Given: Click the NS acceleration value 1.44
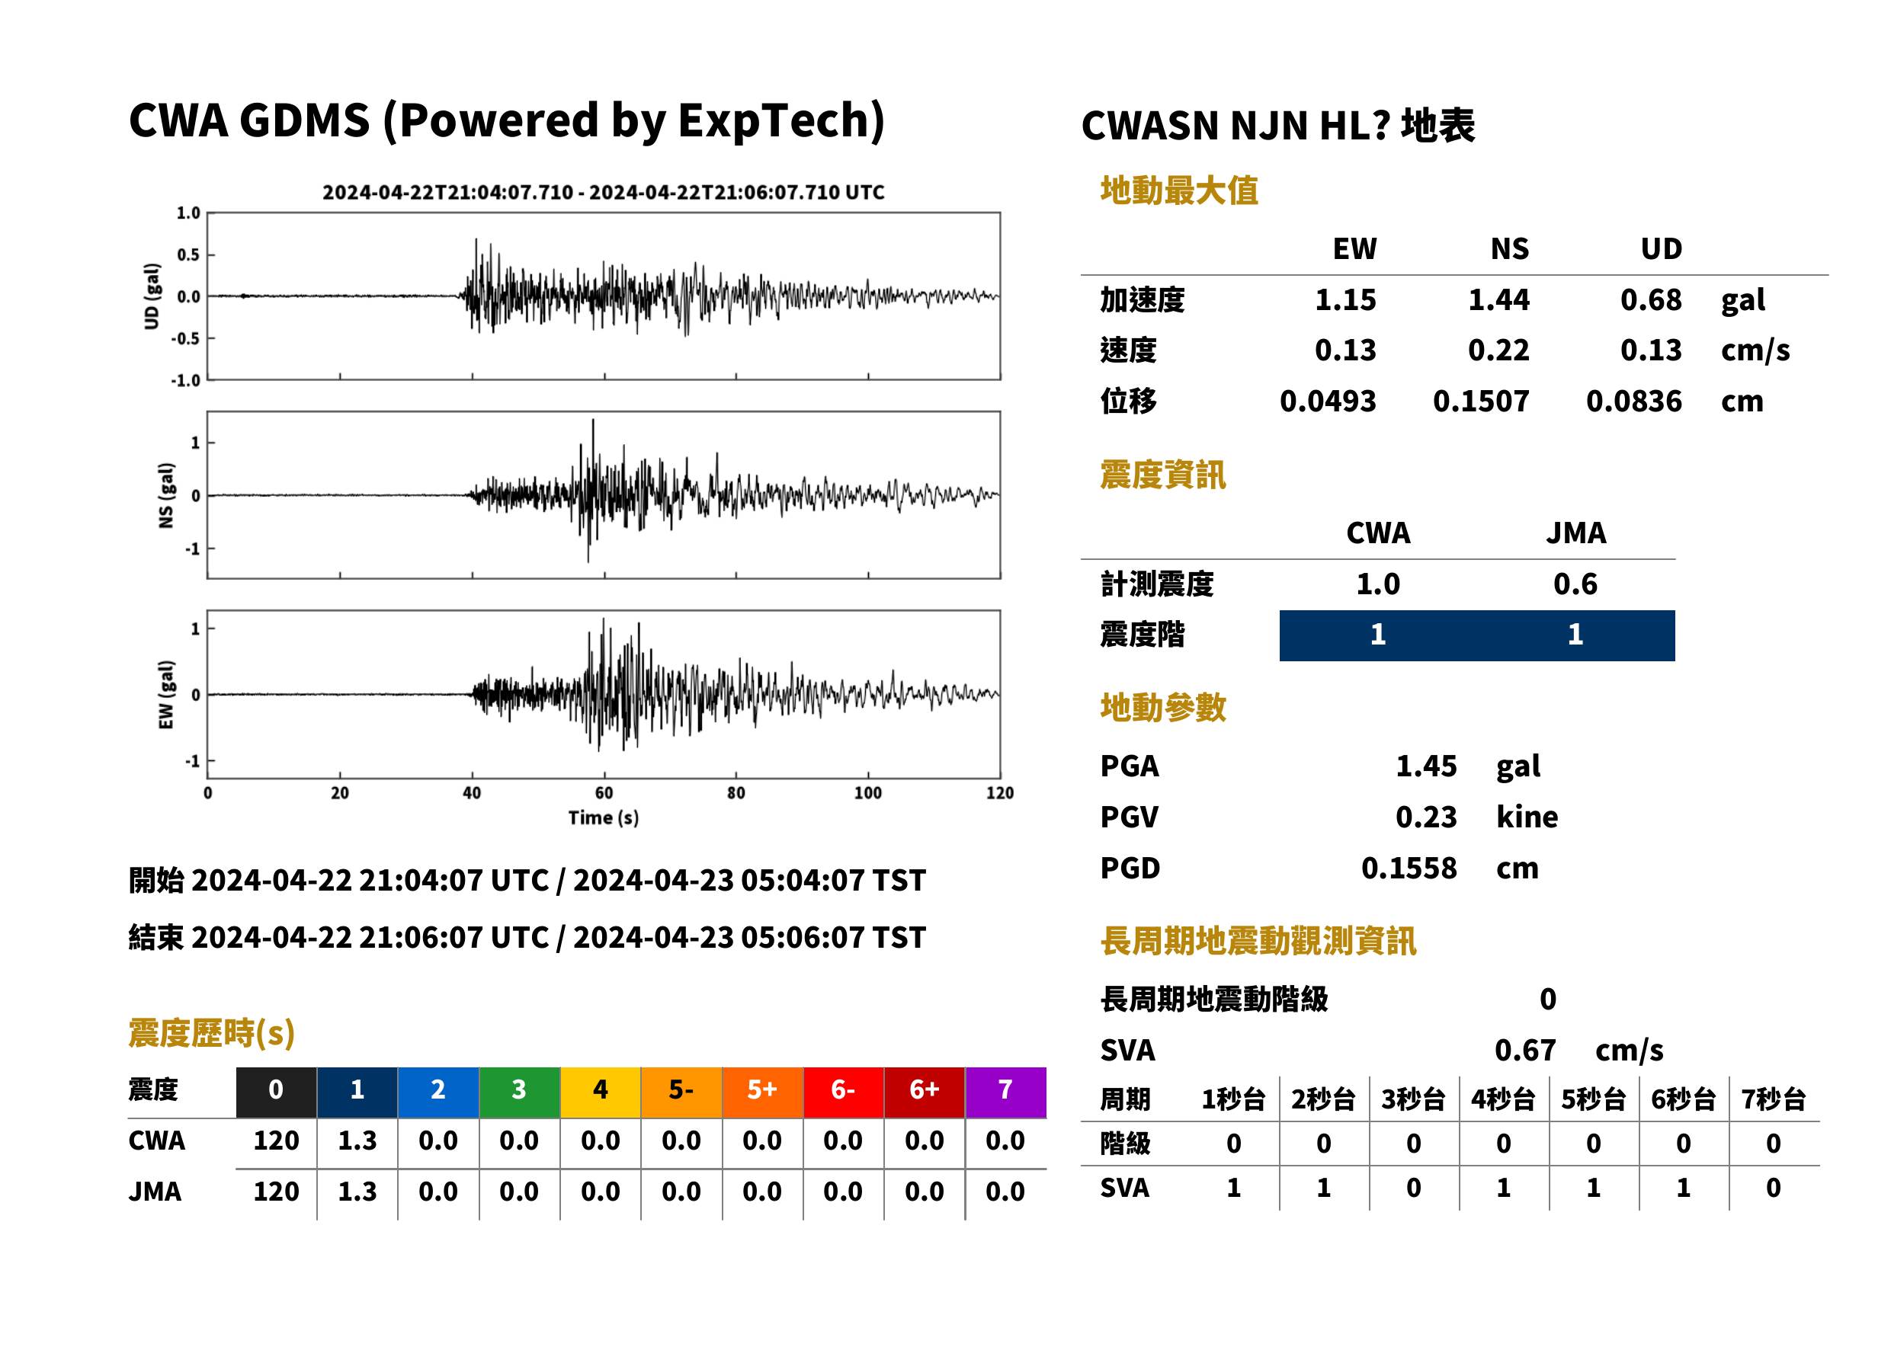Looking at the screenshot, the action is coord(1498,299).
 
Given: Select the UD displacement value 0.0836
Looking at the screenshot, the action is coord(1633,401).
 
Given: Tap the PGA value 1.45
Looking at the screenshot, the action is coord(1425,766).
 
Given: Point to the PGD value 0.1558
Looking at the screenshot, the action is coord(1409,868).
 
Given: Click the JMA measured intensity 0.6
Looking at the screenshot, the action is coord(1575,584).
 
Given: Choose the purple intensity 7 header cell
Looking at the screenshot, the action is coord(1005,1092).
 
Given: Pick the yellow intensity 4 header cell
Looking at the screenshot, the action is coord(600,1092).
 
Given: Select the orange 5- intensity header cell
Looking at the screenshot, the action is coord(681,1092).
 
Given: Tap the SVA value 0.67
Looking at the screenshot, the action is coord(1524,1050).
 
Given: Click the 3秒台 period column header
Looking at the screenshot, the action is coord(1413,1099).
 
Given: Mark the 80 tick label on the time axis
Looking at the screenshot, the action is coord(736,793).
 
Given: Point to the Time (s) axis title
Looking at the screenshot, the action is coord(604,818).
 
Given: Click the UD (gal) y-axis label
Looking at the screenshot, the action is coord(152,297).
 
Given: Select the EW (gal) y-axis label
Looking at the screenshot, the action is coord(166,695).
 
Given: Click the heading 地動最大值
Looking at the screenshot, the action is coord(1179,190).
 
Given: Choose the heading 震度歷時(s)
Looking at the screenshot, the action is coord(211,1033).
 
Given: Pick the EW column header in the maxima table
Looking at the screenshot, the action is coord(1354,248).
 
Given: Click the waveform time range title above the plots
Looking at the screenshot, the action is coord(604,192).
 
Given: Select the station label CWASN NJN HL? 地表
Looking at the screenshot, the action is coord(1278,126).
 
